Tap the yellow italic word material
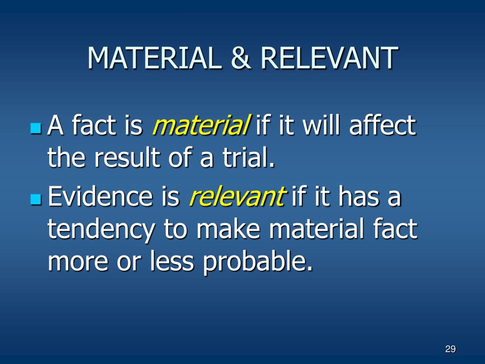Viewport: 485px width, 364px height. (x=201, y=127)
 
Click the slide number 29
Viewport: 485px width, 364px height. (x=450, y=349)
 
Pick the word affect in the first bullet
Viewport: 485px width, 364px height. (x=383, y=127)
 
